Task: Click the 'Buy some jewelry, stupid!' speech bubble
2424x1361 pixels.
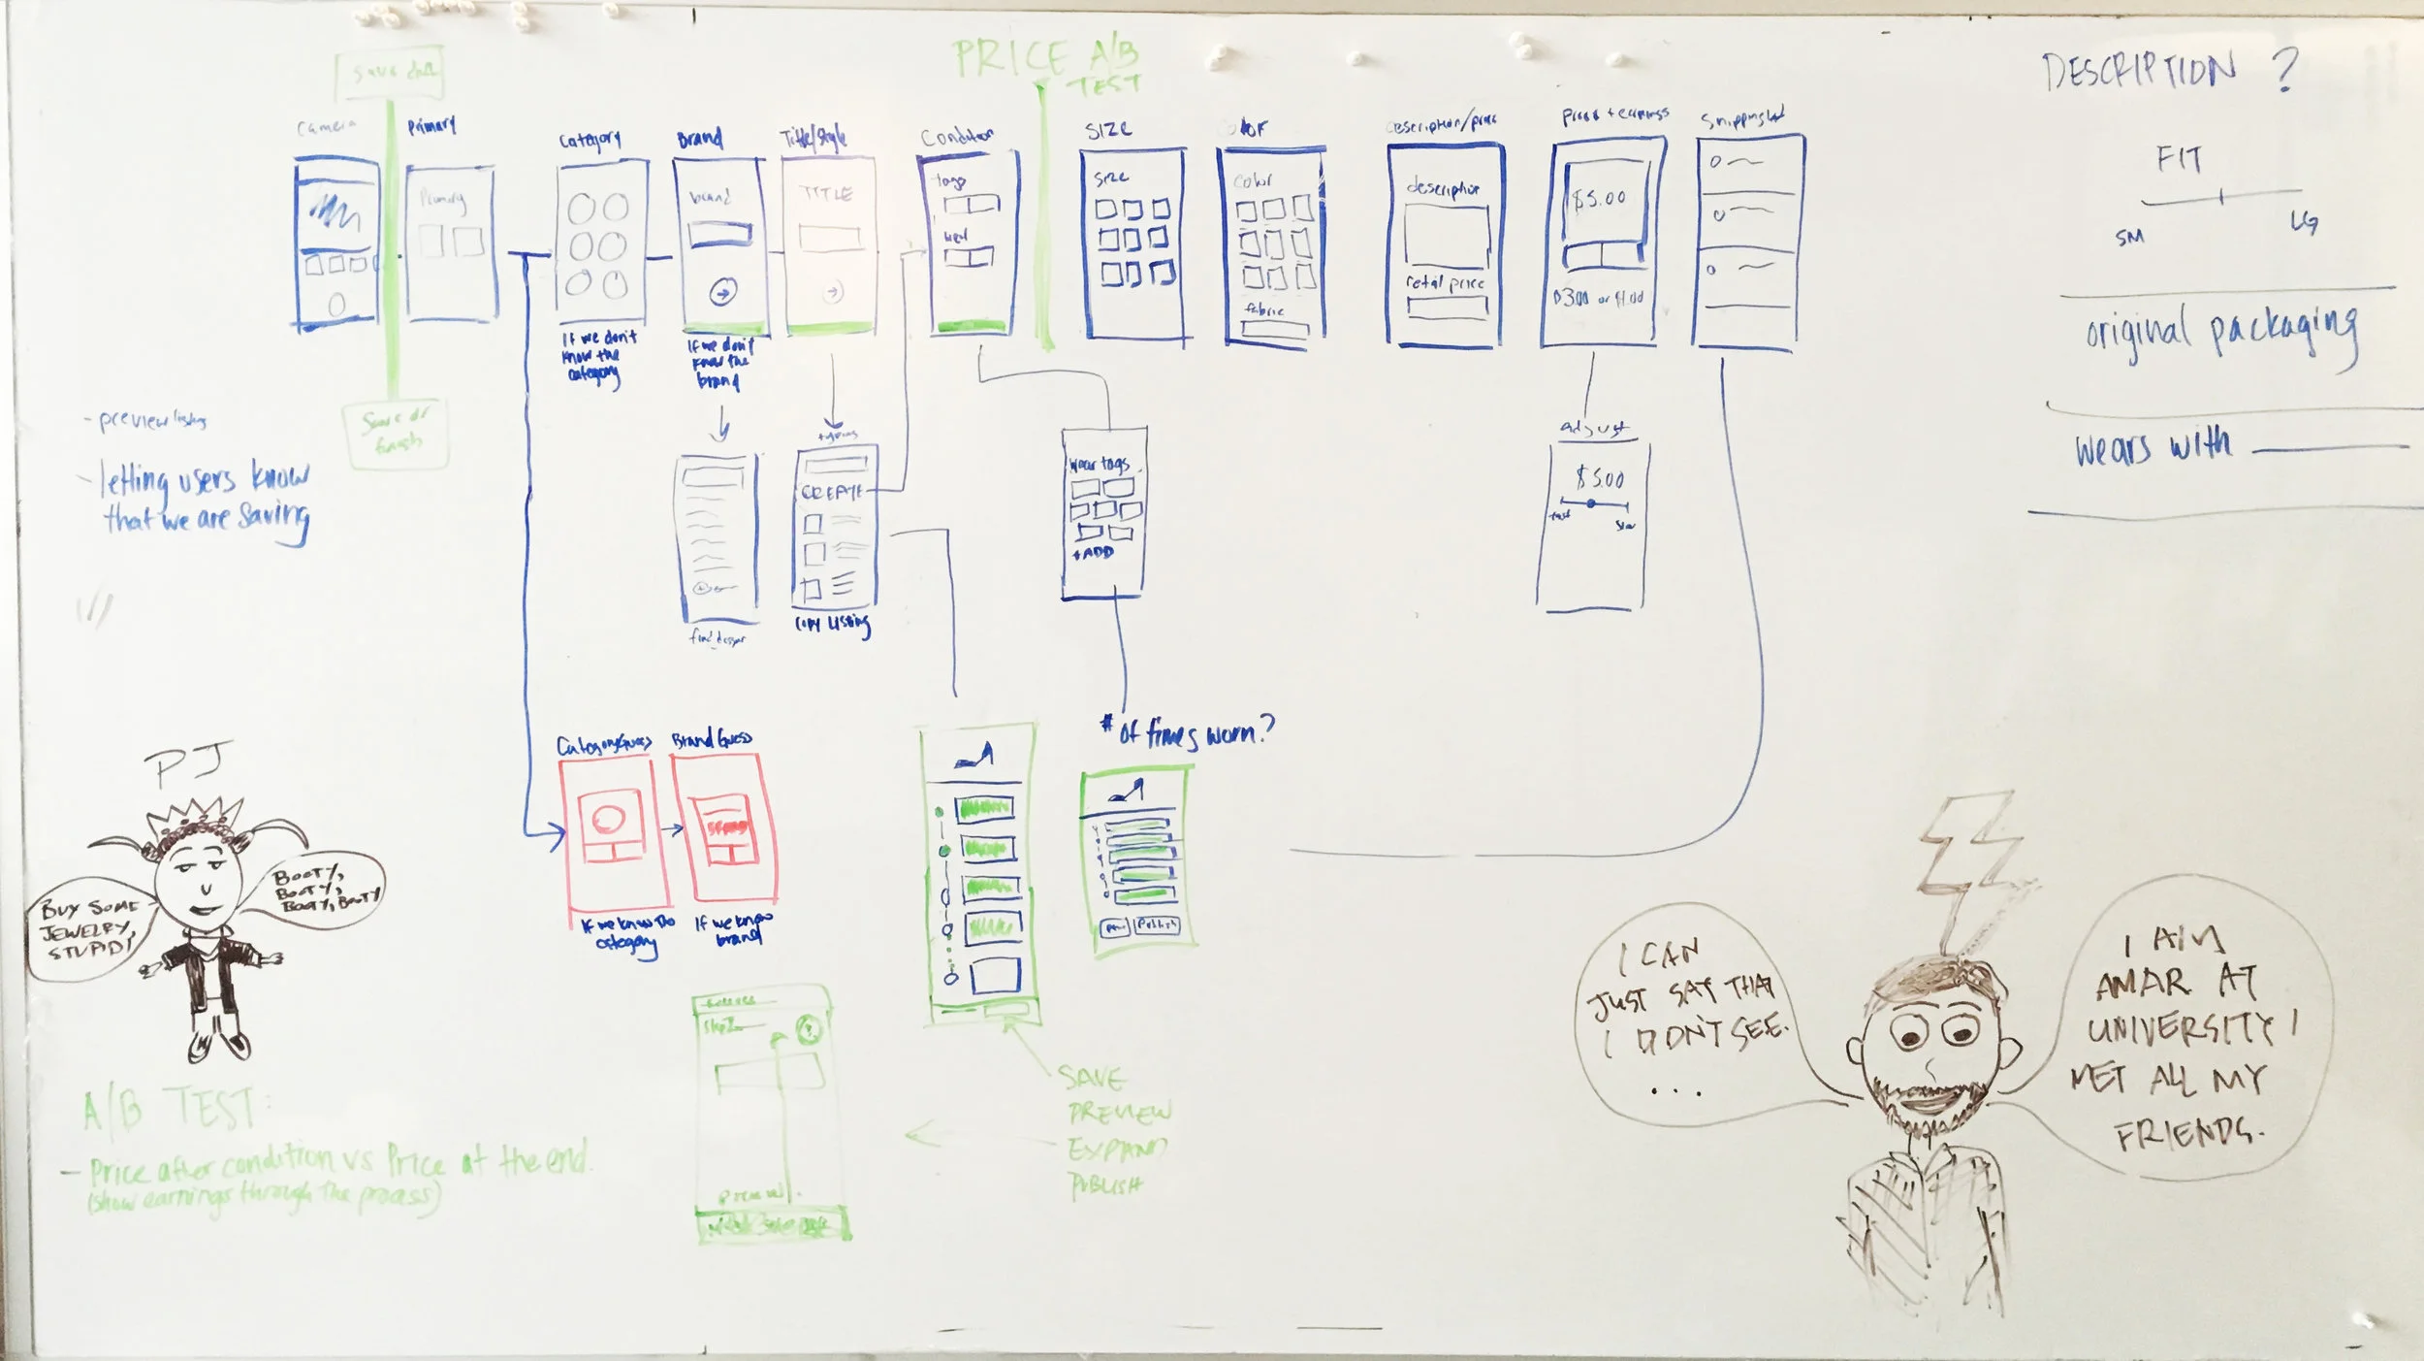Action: click(85, 928)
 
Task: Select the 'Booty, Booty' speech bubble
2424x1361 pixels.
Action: click(320, 889)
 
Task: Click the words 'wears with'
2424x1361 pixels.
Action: click(2153, 447)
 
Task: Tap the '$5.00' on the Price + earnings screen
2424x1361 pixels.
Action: click(1600, 199)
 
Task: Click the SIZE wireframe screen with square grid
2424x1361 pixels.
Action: click(1132, 243)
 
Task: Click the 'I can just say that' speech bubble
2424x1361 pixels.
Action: click(1687, 1019)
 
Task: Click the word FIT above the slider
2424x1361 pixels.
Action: click(2180, 159)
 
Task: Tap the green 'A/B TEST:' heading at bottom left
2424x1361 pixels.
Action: click(170, 1109)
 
